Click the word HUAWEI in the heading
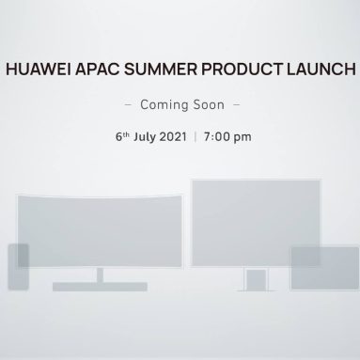click(x=39, y=70)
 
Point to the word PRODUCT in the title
click(x=236, y=70)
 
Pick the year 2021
click(x=181, y=134)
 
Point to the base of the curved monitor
click(x=99, y=285)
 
